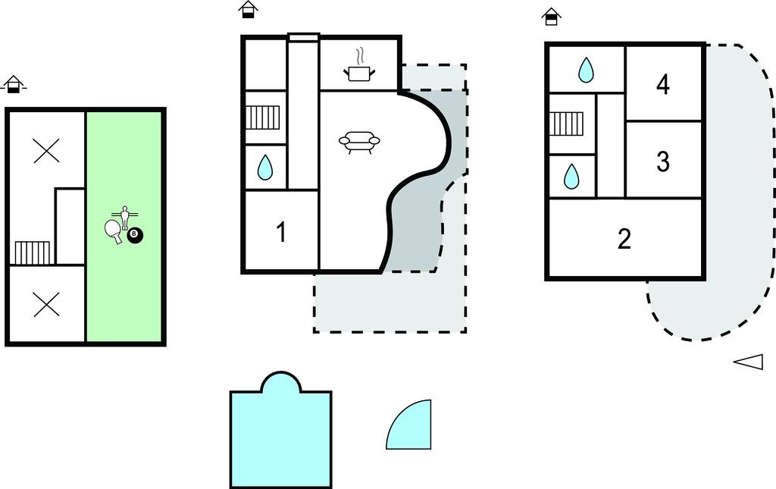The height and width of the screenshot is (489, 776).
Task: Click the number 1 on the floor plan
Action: [x=281, y=232]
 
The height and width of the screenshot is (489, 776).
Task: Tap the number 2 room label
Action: [x=624, y=239]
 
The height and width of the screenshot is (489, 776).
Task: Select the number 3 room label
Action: [x=662, y=161]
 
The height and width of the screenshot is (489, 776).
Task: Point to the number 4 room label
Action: [x=663, y=84]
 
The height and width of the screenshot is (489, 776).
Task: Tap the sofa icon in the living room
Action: [x=359, y=142]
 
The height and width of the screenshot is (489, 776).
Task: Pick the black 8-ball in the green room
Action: [x=135, y=236]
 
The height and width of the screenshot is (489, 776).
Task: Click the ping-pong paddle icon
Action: [x=114, y=230]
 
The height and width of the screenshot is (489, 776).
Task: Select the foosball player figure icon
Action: [x=125, y=217]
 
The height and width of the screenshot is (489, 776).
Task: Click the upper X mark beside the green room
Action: [x=46, y=150]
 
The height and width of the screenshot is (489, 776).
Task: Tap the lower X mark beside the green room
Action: [x=46, y=304]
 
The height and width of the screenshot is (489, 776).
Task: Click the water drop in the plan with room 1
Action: [x=265, y=168]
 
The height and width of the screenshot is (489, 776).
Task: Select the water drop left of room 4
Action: [x=586, y=70]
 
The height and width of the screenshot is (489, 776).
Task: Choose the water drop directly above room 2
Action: [x=571, y=176]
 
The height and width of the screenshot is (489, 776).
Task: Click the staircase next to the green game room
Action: [x=32, y=252]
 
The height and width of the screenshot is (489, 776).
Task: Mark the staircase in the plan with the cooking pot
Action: [x=263, y=118]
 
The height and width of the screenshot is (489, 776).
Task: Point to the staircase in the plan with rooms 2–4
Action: [x=567, y=124]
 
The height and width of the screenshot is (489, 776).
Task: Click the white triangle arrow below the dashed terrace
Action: [x=749, y=362]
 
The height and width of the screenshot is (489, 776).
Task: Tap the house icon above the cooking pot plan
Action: [x=249, y=9]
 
